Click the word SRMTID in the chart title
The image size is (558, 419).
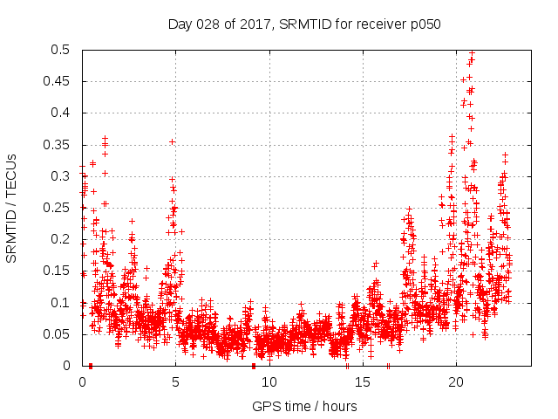point(305,24)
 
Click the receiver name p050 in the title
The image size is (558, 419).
point(423,24)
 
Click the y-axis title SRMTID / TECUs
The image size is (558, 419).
point(11,208)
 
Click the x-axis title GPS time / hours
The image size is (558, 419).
point(304,406)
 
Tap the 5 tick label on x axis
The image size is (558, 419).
point(175,382)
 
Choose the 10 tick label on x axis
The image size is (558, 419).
point(269,382)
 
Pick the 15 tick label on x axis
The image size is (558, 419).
point(362,382)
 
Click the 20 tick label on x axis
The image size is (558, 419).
point(455,382)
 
